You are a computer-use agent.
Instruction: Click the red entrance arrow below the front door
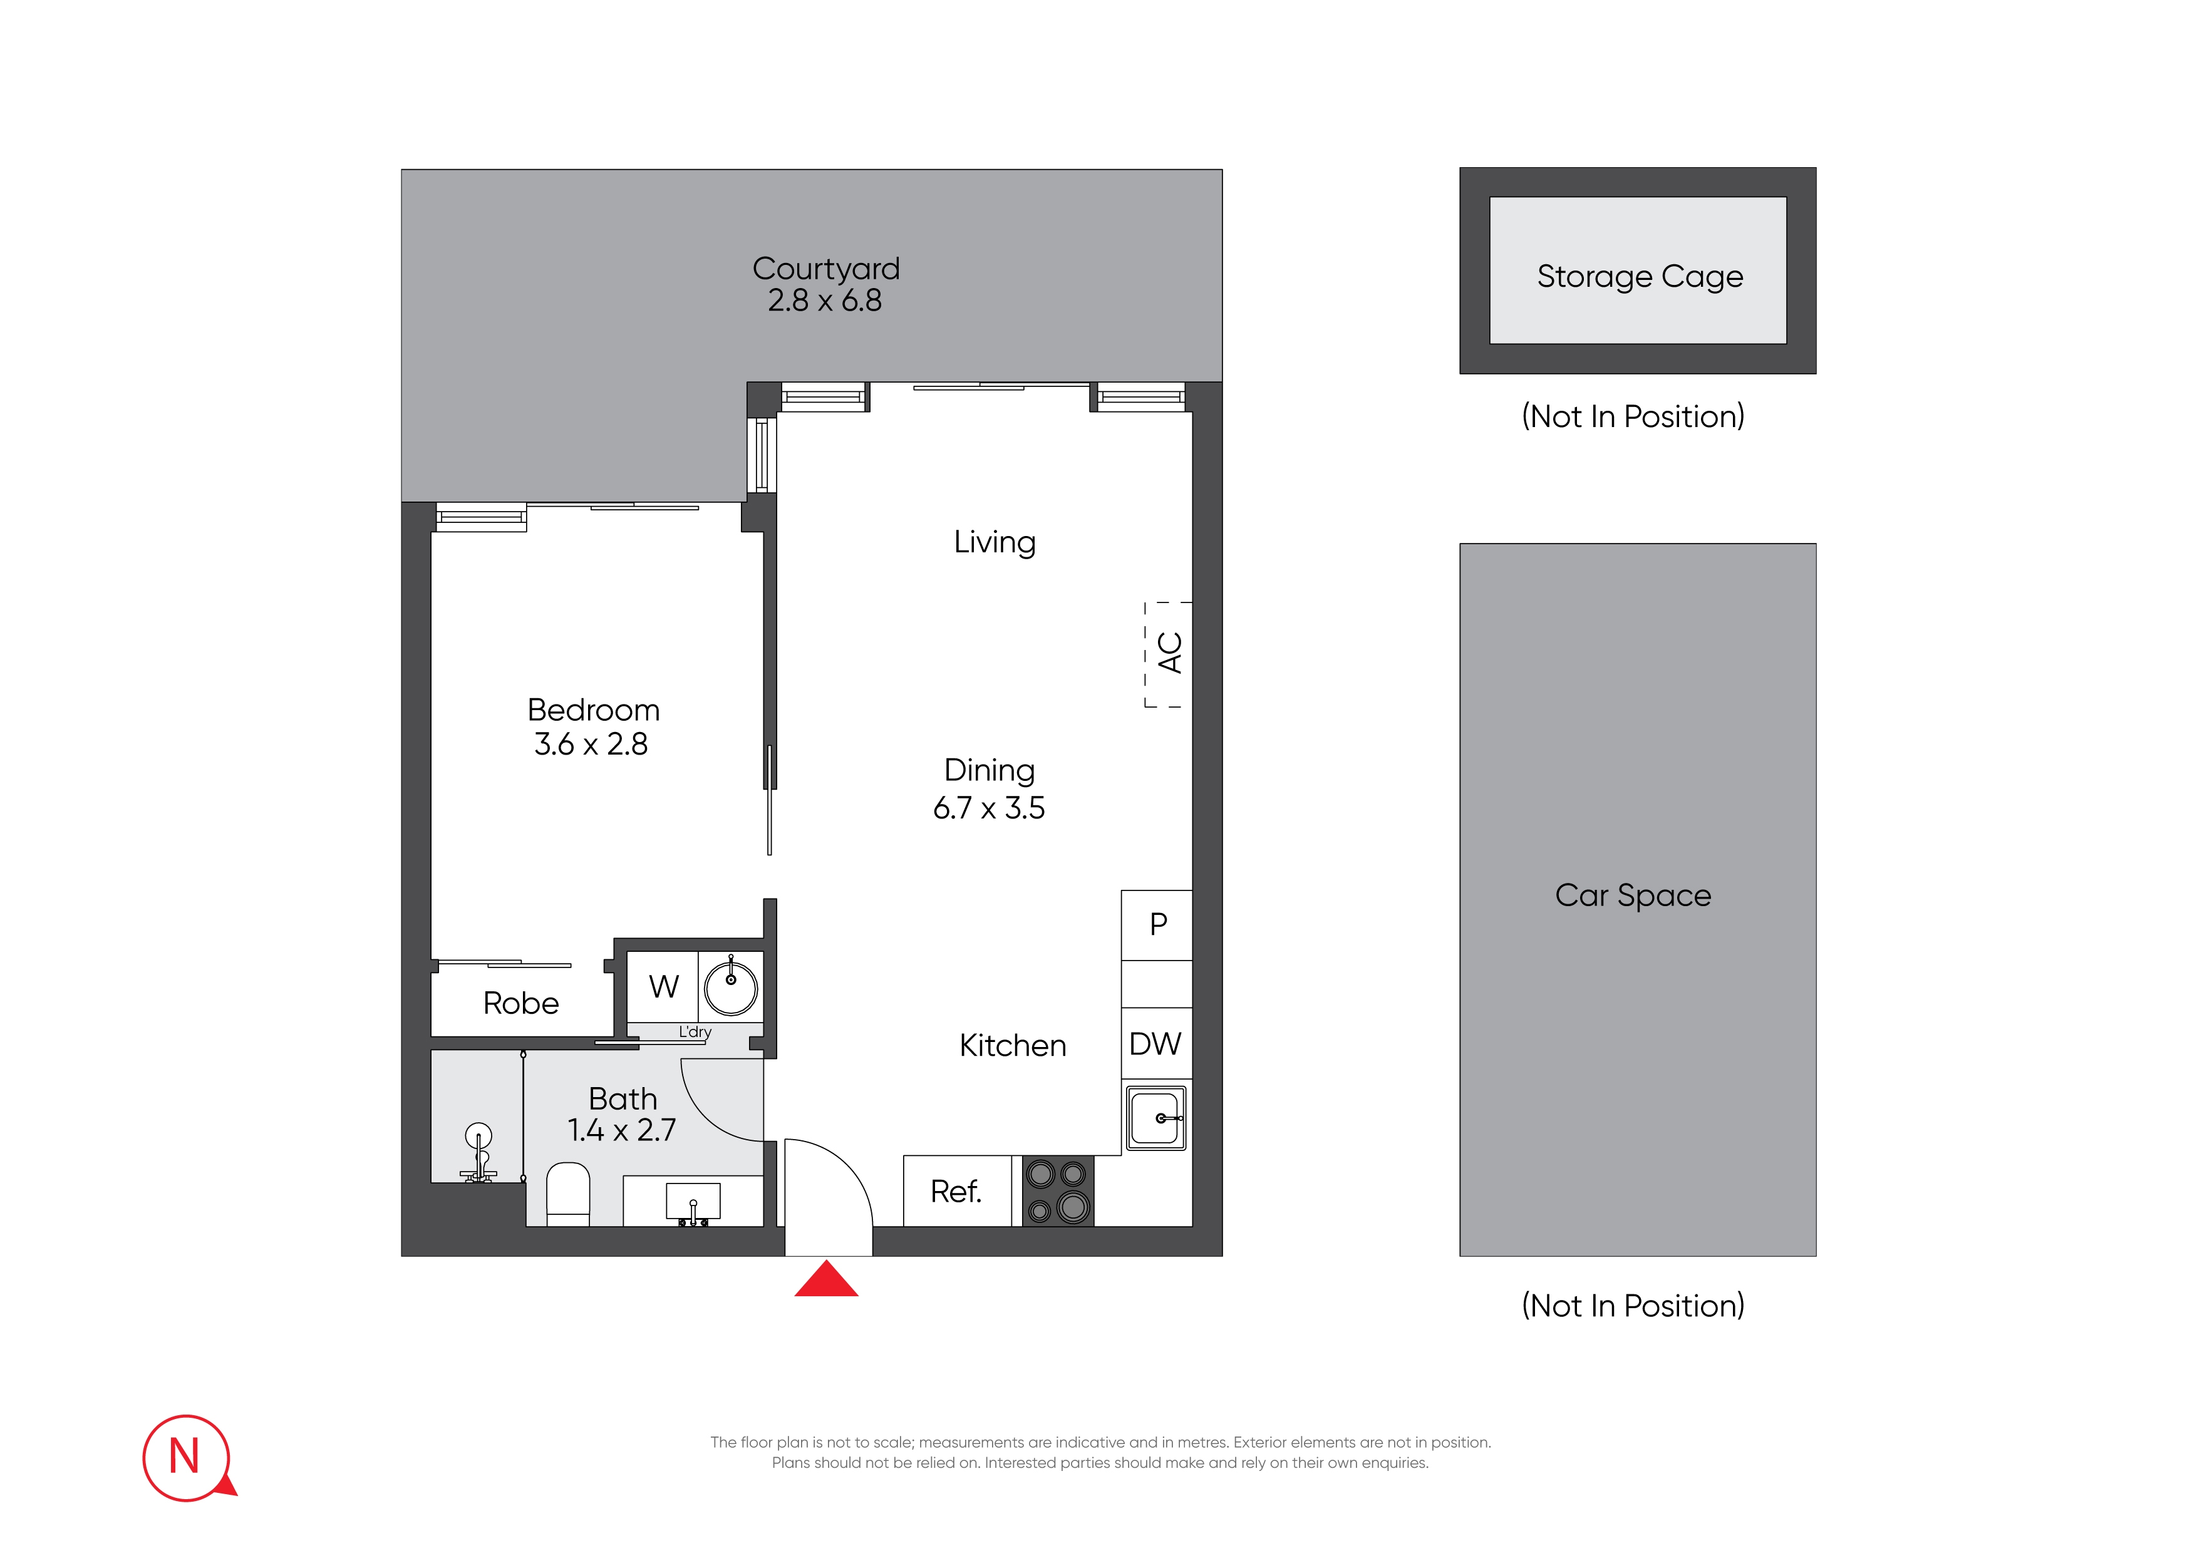(826, 1281)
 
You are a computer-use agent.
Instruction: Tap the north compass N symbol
(185, 1457)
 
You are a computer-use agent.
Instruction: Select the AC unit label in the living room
(1169, 654)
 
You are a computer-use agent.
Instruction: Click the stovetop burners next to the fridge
(1057, 1191)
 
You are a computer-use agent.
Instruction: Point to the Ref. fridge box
(956, 1191)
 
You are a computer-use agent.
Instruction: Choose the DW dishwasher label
(1155, 1044)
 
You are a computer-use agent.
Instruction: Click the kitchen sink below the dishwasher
(1156, 1118)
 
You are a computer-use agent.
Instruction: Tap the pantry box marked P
(1158, 924)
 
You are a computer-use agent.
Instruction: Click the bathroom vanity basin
(693, 1202)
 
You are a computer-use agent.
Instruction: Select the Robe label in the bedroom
(520, 1003)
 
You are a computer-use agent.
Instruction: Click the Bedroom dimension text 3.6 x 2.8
(591, 743)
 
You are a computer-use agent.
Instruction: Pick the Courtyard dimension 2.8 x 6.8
(824, 301)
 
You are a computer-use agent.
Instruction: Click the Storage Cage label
(1639, 277)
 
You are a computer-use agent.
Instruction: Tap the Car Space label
(1633, 895)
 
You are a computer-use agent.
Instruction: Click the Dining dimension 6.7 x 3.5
(988, 808)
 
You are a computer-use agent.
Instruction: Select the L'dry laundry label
(695, 1031)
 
